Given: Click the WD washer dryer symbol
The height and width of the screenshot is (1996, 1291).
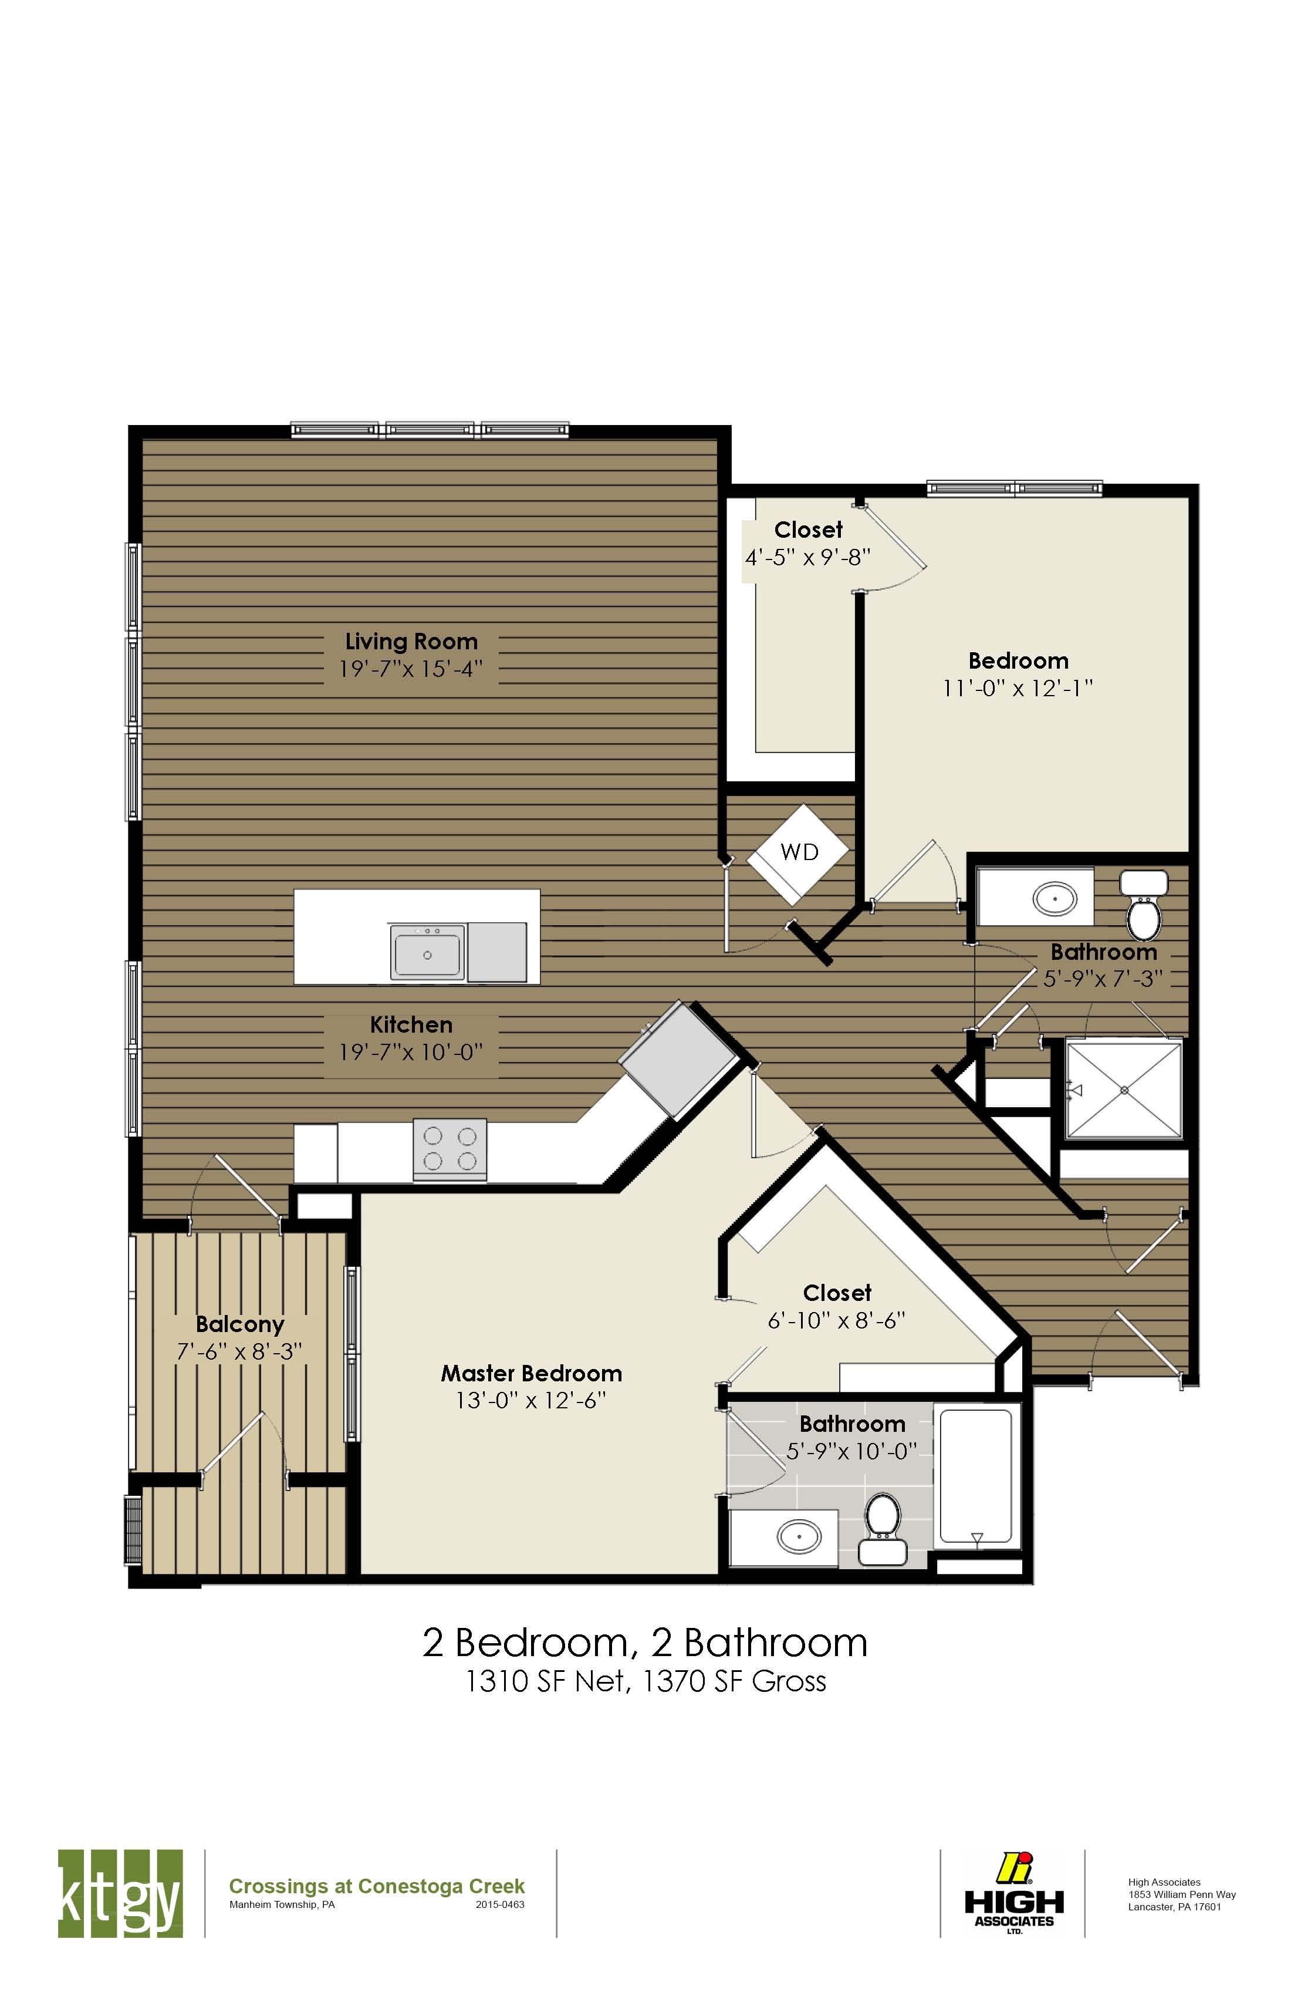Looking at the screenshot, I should click(798, 853).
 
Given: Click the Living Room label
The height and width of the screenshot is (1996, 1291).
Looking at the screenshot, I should click(411, 642).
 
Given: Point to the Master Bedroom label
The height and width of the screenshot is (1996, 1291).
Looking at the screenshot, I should click(532, 1373).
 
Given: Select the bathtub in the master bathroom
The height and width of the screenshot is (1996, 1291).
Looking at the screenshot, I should click(976, 1476).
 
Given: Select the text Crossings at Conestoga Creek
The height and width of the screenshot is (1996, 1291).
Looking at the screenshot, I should click(376, 1886).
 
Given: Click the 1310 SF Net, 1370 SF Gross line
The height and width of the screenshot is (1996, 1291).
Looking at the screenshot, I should click(645, 1681).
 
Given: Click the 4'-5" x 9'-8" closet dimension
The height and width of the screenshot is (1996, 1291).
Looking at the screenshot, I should click(808, 557).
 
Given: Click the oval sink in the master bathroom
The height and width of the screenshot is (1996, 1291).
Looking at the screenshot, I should click(799, 1536).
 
